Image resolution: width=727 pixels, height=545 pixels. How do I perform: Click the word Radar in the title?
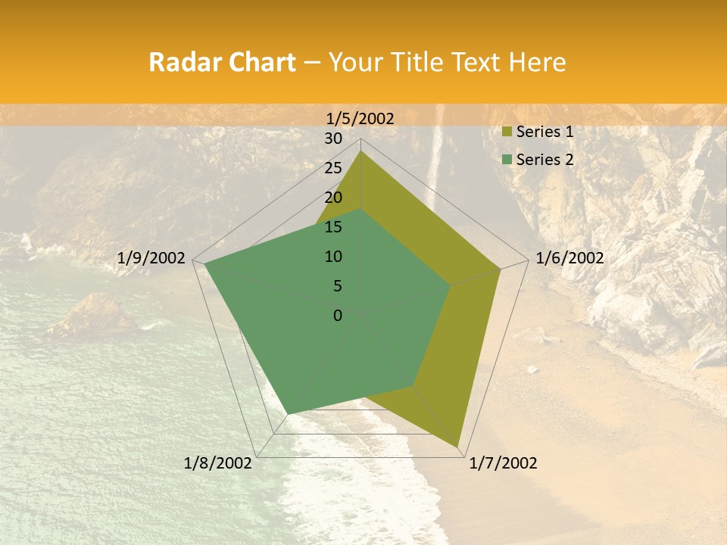tap(179, 62)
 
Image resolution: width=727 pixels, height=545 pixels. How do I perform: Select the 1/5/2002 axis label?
tap(360, 118)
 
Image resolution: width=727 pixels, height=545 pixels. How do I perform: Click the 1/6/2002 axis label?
tap(569, 258)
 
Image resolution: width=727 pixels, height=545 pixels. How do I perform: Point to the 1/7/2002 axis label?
tap(503, 463)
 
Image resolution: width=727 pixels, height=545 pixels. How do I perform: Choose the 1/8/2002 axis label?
tap(218, 463)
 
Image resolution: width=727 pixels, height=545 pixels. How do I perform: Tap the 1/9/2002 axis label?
tap(151, 258)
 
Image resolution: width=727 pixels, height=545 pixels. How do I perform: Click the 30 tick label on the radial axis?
tap(333, 139)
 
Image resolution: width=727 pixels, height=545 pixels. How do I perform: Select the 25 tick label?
tap(333, 168)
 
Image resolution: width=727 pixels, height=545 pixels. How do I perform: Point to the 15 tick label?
tap(333, 227)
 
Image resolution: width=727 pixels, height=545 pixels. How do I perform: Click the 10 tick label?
tap(333, 257)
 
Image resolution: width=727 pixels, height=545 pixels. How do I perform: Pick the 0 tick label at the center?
tap(338, 316)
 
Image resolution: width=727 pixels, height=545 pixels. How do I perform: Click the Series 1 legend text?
tap(544, 132)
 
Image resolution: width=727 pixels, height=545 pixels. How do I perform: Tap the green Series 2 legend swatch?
tap(507, 160)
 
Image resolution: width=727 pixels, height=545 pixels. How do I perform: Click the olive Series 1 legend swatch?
tap(507, 132)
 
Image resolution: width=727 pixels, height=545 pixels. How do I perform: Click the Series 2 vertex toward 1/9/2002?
tap(204, 264)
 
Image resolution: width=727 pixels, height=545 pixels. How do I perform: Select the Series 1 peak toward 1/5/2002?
tap(361, 151)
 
